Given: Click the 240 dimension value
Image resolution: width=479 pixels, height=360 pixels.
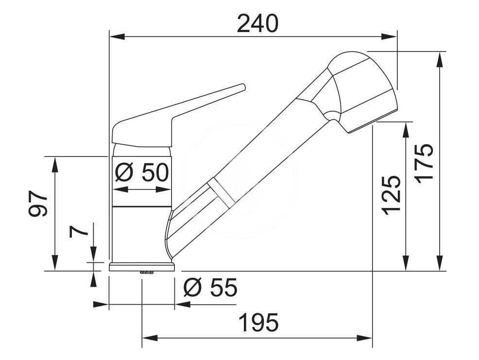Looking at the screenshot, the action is (257, 24).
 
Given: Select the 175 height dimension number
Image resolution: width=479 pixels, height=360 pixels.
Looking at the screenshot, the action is (425, 163).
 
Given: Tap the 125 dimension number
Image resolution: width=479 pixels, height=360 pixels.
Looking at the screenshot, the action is (391, 196).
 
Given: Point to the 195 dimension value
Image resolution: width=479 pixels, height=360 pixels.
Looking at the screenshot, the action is (259, 323).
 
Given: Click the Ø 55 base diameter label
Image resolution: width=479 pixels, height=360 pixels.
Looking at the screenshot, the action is (210, 287).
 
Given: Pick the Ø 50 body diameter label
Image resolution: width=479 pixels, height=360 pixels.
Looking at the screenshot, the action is (142, 172).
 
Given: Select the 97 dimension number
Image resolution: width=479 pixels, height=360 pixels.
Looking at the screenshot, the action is (38, 204).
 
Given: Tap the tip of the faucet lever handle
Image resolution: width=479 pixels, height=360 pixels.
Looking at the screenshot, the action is (243, 86).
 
